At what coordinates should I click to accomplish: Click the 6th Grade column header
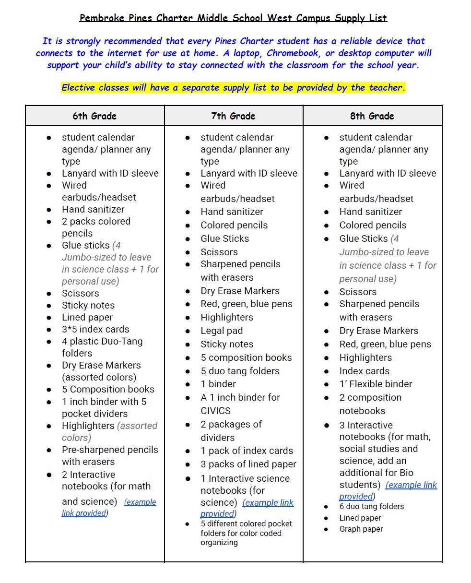pos(94,116)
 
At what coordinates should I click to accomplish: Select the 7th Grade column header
pos(233,116)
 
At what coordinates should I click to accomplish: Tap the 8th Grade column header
pos(372,116)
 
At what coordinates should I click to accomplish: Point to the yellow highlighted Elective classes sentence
pos(233,88)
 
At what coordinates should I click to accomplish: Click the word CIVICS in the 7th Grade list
pos(215,411)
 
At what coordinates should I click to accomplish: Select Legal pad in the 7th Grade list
pos(222,331)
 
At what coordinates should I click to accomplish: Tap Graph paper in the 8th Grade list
pos(361,529)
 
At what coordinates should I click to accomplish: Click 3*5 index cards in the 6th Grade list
pos(95,329)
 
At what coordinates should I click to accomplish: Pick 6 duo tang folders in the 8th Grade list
pos(372,506)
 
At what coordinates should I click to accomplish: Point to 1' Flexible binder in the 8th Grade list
pos(376,384)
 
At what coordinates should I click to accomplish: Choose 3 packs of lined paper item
pos(248,464)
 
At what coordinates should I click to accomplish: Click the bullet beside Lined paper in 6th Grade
pos(49,318)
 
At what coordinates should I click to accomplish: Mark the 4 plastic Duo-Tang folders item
pos(102,347)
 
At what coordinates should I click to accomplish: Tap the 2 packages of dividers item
pos(231,430)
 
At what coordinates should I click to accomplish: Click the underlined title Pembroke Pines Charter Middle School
pos(233,18)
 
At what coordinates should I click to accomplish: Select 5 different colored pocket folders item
pos(246,533)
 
